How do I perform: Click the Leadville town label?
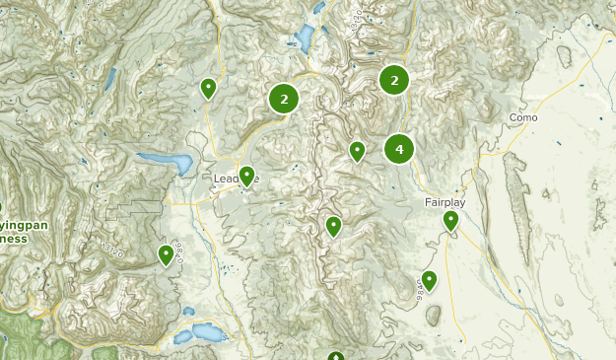pos(235,179)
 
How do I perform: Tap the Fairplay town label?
pos(445,201)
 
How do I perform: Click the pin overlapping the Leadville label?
pos(247,177)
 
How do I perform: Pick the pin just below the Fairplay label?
pos(450,221)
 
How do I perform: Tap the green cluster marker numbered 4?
pos(399,149)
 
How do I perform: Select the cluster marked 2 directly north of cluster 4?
pos(394,81)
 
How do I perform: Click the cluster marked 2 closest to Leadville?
pos(284,98)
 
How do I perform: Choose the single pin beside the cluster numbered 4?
pos(358,151)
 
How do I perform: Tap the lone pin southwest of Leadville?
pos(167,255)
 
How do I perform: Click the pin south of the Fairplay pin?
pos(429,280)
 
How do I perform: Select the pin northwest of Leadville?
pos(208,89)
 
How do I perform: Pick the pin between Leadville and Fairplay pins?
pos(334,227)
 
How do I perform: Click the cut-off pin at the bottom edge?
pos(336,356)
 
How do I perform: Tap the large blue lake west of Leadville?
pos(167,162)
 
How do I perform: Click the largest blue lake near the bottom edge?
pos(205,330)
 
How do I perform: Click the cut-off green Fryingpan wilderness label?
pos(12,231)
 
